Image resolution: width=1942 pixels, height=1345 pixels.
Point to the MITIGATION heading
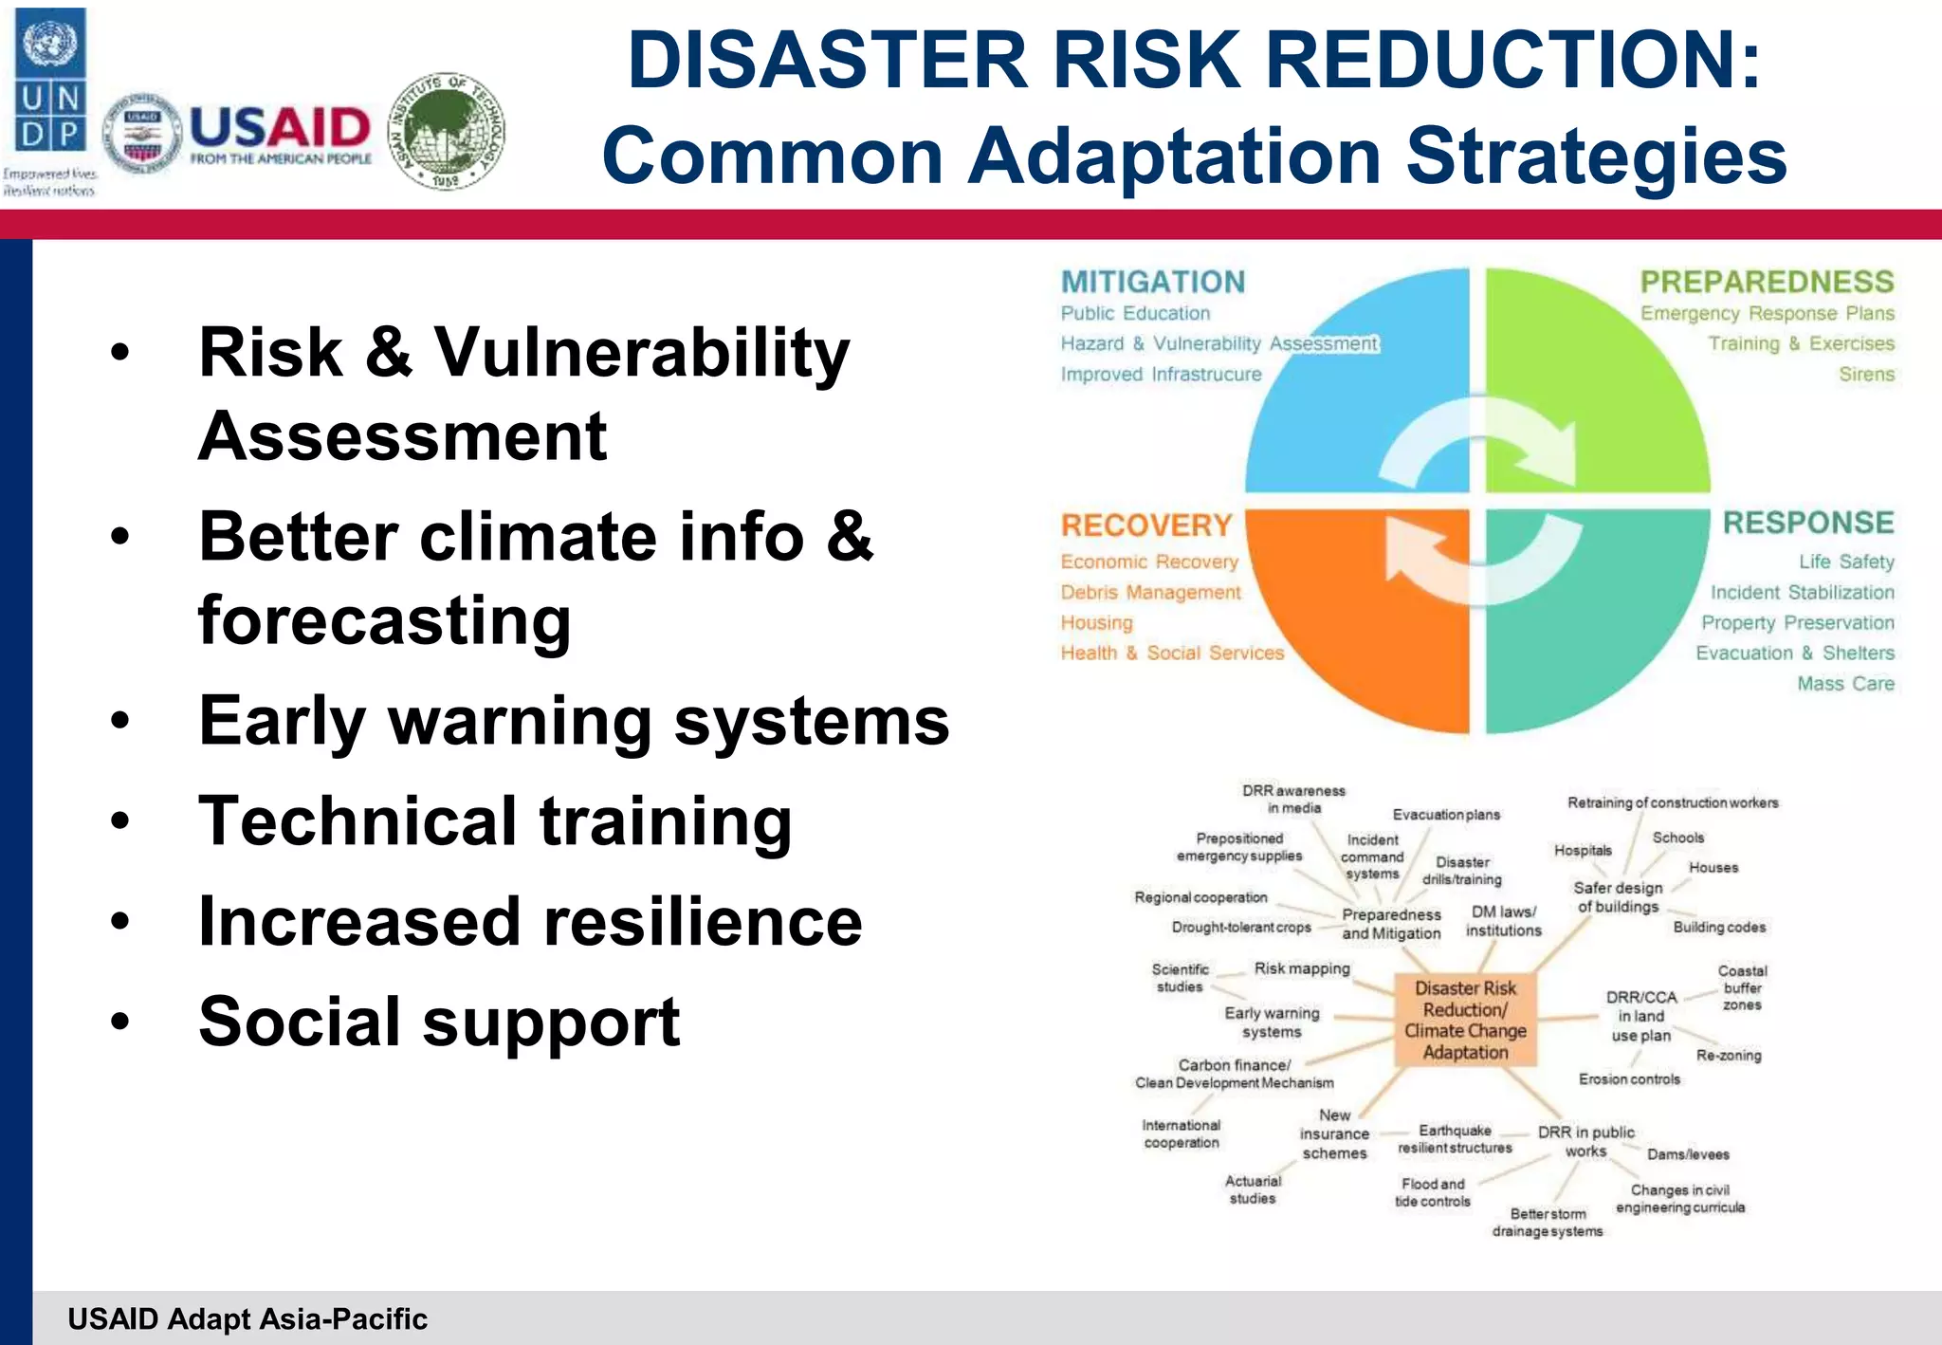coord(1152,282)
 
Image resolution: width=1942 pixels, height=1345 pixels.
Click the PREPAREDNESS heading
coord(1767,282)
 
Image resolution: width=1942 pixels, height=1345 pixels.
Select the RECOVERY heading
coord(1145,525)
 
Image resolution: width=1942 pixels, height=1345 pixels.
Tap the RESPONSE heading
coord(1807,523)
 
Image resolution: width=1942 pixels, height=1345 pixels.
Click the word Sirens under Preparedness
coord(1866,374)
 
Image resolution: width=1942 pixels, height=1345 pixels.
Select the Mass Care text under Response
coord(1845,683)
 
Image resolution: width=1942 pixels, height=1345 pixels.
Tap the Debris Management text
coord(1150,592)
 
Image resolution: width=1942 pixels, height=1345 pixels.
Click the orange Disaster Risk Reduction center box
coord(1465,1021)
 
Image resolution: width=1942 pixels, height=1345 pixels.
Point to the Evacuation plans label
coord(1446,815)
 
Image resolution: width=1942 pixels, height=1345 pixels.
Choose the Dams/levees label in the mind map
coord(1688,1154)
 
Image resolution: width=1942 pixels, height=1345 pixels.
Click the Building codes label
coord(1719,927)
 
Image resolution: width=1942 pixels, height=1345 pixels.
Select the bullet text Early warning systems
coord(574,721)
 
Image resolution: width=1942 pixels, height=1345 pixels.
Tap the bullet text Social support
coord(439,1022)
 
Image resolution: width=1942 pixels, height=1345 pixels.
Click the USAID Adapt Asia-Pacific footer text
coord(247,1318)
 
